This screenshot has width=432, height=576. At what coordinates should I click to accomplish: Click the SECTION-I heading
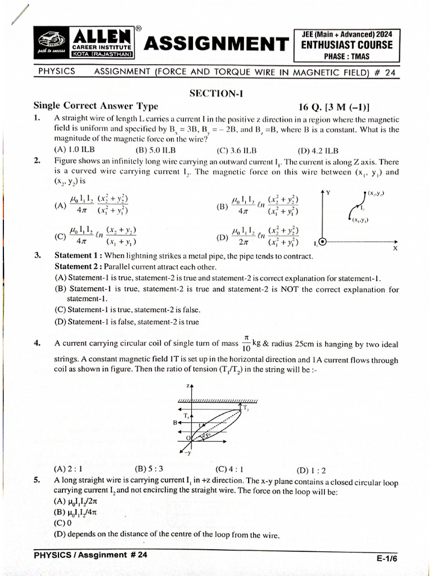216,94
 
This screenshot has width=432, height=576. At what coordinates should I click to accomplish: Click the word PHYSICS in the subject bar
57,71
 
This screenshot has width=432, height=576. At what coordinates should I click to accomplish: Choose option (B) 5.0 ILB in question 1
155,150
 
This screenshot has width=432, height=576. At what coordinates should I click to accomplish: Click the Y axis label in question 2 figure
328,193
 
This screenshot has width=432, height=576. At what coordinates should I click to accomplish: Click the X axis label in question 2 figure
395,248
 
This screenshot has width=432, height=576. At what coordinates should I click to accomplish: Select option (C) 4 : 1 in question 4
229,469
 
